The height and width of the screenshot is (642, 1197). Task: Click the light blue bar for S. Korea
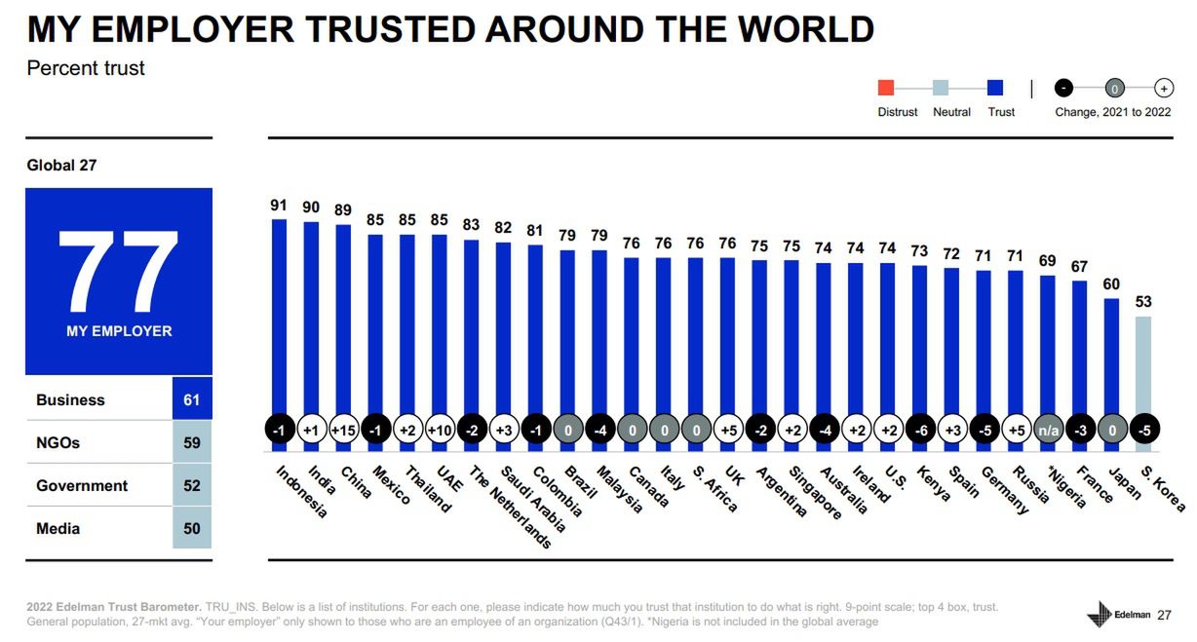tap(1142, 370)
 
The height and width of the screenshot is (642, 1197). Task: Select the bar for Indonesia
tap(280, 321)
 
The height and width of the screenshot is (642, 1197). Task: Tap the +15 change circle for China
tap(343, 431)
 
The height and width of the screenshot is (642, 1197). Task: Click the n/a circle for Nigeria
tap(1048, 431)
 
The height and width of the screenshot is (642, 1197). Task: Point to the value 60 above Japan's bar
tap(1111, 284)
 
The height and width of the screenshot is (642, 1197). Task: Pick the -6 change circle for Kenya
tap(919, 431)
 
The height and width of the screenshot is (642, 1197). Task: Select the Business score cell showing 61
tap(191, 399)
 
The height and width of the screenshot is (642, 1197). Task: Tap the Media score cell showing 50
tap(191, 528)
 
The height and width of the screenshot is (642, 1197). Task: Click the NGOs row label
tap(58, 442)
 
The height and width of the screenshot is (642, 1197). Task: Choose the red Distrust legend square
tap(886, 89)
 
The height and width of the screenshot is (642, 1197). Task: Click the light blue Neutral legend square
tap(940, 89)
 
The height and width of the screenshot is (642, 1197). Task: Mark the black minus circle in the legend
tap(1064, 89)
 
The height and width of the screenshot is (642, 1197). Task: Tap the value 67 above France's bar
tap(1079, 267)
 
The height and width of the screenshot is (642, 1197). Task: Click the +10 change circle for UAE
tap(440, 431)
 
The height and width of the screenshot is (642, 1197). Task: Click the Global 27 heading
tap(61, 166)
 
